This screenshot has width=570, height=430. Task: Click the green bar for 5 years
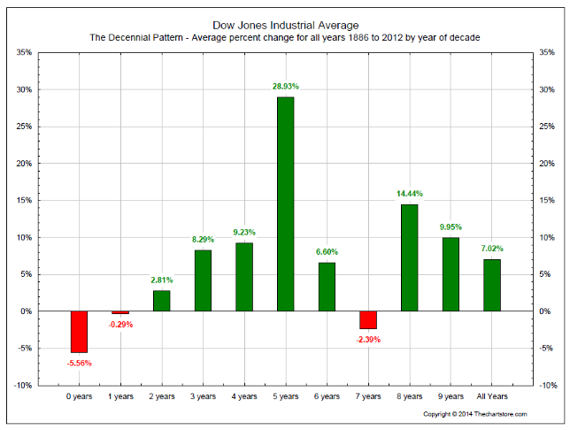pos(285,203)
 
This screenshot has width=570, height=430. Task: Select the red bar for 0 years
pos(79,332)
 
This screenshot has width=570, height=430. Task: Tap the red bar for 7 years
pos(368,319)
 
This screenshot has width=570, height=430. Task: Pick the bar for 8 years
pos(409,257)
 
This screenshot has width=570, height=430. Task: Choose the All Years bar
pos(492,285)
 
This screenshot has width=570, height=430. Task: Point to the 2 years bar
pos(161,301)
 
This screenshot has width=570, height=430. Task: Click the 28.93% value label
pos(285,87)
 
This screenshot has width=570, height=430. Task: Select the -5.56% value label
pos(79,363)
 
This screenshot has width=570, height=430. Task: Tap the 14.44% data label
pos(409,194)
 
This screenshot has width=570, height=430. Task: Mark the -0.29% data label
pos(120,324)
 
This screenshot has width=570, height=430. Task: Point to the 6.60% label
pos(327,252)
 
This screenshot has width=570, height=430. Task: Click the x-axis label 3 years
pos(203,399)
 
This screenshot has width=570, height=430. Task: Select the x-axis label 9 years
pos(451,399)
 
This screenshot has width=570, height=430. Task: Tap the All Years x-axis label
pos(492,399)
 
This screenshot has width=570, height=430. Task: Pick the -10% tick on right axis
pos(548,386)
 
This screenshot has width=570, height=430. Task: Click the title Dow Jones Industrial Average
pos(285,25)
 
